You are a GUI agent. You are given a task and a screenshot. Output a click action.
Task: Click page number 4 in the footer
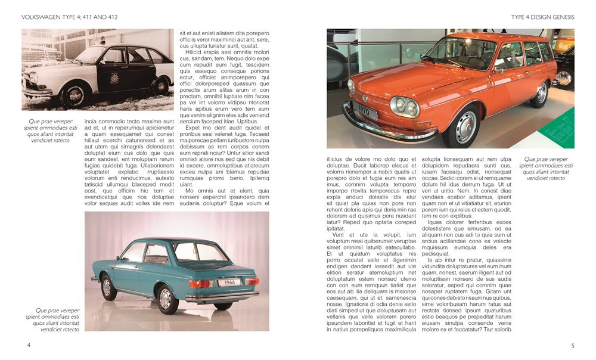click(x=29, y=345)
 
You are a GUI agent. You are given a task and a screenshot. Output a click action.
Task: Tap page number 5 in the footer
click(x=572, y=345)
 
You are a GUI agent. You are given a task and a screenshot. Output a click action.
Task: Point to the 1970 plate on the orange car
click(x=364, y=111)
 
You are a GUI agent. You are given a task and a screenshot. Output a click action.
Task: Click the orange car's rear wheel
click(x=541, y=93)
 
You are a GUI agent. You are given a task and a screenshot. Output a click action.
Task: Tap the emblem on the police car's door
click(x=131, y=78)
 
